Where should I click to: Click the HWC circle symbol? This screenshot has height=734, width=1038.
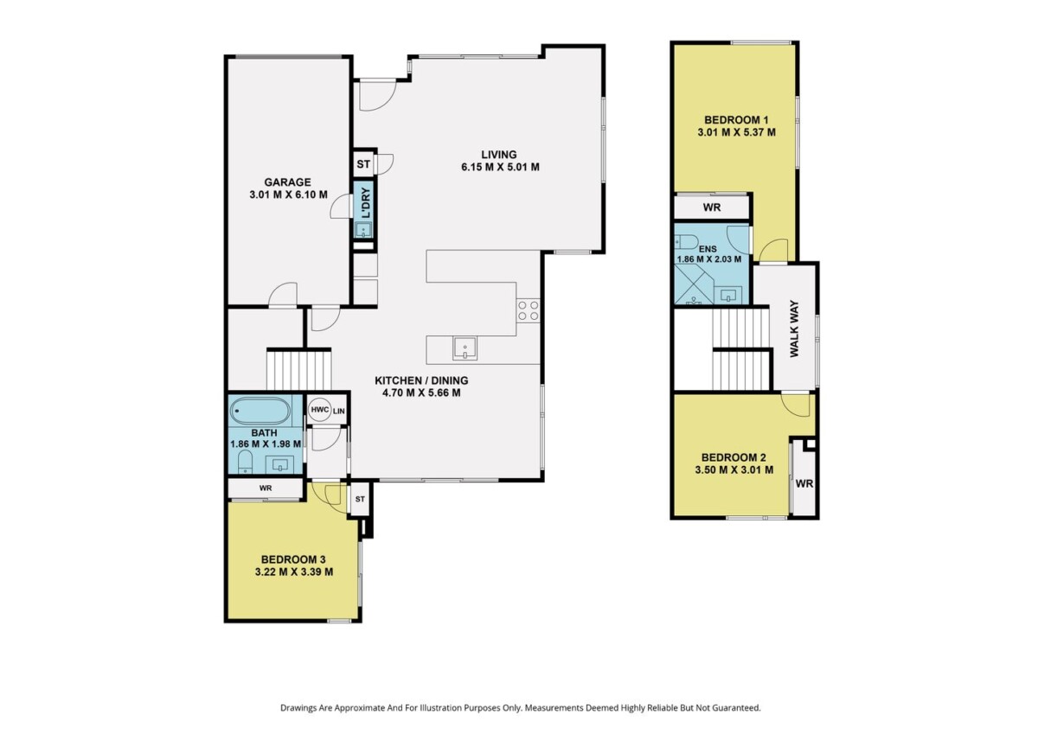319,411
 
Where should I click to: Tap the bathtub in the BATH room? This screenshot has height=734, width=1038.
261,411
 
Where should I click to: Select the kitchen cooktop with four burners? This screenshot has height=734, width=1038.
529,310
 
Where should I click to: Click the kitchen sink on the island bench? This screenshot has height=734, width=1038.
465,348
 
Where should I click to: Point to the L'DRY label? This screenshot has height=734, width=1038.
366,203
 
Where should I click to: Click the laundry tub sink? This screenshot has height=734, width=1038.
362,230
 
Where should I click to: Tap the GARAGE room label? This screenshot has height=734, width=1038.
287,182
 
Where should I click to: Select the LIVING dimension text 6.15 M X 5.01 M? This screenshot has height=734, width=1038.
500,167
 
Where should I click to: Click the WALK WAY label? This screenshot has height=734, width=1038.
794,329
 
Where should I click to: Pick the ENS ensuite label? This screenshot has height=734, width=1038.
708,249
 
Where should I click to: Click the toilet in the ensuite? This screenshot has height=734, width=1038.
686,242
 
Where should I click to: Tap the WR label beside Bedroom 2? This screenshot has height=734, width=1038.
804,483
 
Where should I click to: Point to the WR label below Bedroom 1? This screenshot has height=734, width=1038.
712,207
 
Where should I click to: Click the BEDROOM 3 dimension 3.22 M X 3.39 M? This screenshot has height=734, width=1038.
294,571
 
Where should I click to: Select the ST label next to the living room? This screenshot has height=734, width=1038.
363,164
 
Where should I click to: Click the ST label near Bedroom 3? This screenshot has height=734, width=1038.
360,499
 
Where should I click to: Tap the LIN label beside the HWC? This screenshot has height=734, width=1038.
339,411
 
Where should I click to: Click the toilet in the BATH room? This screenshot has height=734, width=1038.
244,463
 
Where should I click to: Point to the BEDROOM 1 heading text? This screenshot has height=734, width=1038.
736,120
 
